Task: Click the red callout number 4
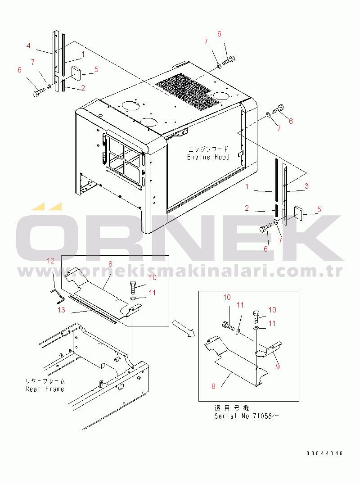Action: pos(28,45)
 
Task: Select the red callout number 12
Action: pos(50,261)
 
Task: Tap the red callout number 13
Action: pos(61,310)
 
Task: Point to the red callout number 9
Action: pos(278,366)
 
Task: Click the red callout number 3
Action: pos(306,186)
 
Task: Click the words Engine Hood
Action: pos(208,157)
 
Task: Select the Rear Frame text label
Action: pos(45,389)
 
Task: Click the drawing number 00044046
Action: pos(324,453)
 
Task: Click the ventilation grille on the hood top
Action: pos(188,92)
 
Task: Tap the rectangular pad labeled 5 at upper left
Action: pos(76,72)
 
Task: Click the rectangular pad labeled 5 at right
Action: pos(299,213)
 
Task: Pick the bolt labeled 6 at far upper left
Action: pos(39,92)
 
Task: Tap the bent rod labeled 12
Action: pos(57,295)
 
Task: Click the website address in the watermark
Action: pos(180,271)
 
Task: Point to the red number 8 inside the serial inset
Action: pos(213,386)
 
